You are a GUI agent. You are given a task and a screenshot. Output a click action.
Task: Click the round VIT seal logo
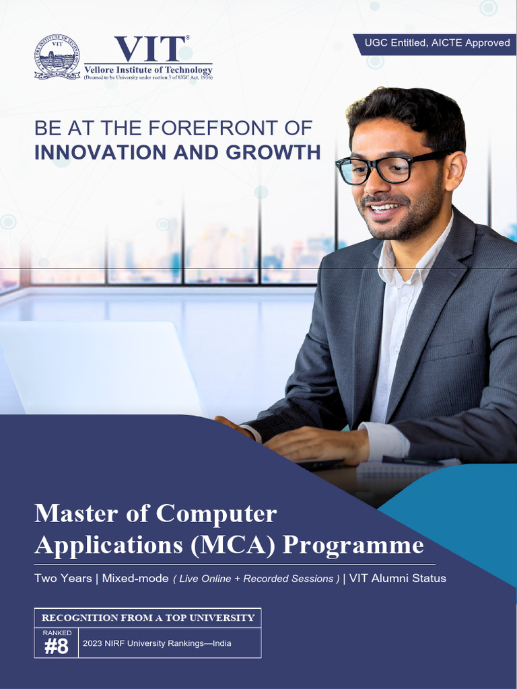click(57, 57)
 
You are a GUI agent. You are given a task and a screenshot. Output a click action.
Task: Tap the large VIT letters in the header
click(149, 48)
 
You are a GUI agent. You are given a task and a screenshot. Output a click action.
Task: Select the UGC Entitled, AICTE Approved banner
click(437, 43)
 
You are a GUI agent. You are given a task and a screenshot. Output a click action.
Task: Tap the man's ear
click(456, 170)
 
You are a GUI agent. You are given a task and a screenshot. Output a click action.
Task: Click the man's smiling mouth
click(386, 208)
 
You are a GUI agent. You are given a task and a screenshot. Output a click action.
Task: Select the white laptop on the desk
click(101, 367)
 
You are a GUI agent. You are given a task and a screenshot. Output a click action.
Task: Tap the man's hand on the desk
click(316, 444)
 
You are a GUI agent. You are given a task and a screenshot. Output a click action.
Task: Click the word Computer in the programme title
click(216, 513)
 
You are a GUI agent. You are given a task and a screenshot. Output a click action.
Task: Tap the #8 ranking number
click(57, 647)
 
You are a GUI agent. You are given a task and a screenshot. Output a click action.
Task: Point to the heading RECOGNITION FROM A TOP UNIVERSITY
click(148, 618)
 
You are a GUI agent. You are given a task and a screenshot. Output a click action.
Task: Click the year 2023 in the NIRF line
click(93, 643)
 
